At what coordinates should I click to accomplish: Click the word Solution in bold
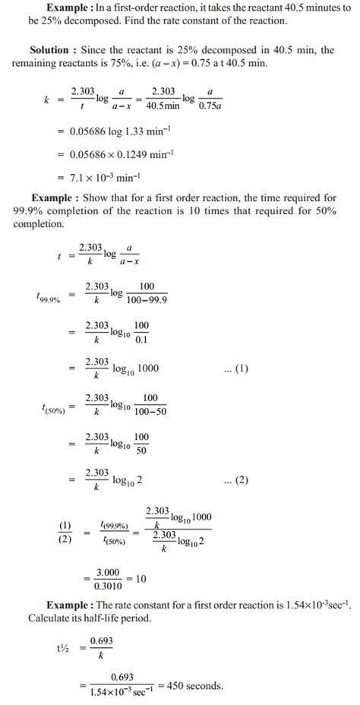pos(53,49)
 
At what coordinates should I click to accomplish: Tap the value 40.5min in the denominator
pos(162,105)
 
